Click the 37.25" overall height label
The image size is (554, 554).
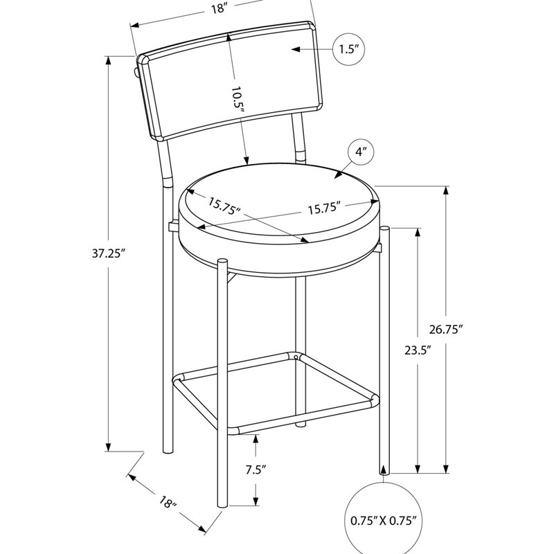pos(109,253)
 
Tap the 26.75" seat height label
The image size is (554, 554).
pos(446,330)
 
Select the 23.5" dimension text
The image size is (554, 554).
pos(418,350)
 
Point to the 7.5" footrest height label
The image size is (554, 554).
pos(256,470)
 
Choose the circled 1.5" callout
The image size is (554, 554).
pos(348,49)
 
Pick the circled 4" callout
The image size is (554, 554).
pos(360,152)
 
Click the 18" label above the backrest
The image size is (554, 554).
pos(219,9)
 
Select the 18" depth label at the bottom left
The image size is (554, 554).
pos(168,503)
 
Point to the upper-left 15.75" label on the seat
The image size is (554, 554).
pos(224,206)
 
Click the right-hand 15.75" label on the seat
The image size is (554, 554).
pos(324,208)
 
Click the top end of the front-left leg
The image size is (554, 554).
pos(222,261)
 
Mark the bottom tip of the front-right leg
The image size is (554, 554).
pos(384,472)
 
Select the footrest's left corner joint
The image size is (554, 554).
pos(179,379)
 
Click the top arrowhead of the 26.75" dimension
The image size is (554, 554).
pos(446,191)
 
